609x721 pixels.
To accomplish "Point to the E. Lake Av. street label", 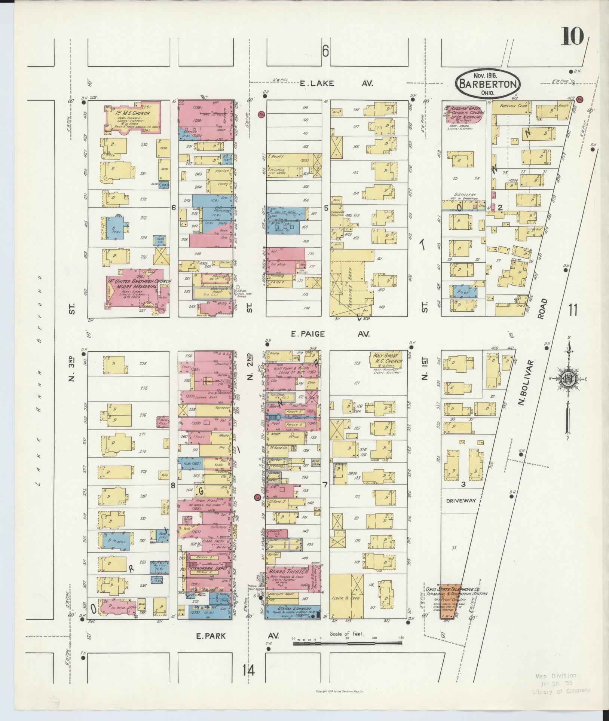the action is point(336,83).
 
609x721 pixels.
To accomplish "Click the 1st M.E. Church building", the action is point(133,117).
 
